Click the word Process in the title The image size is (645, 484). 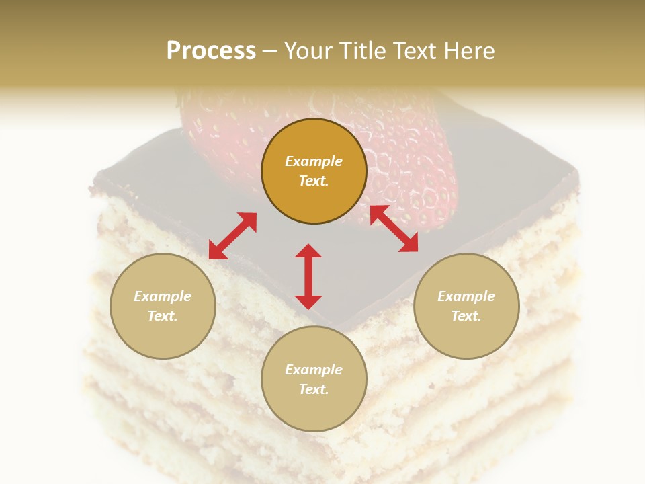pyautogui.click(x=211, y=51)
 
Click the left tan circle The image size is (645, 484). pyautogui.click(x=163, y=306)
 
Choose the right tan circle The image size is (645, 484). pyautogui.click(x=466, y=306)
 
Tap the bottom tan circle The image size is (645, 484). pyautogui.click(x=314, y=378)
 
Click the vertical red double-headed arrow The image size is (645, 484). pyautogui.click(x=308, y=276)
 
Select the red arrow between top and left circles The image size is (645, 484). pyautogui.click(x=232, y=236)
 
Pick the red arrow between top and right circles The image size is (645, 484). pyautogui.click(x=394, y=229)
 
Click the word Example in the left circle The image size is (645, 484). pyautogui.click(x=163, y=296)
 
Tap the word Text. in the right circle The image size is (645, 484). pyautogui.click(x=466, y=316)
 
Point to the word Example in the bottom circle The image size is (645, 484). pyautogui.click(x=314, y=370)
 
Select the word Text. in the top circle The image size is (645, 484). pyautogui.click(x=314, y=181)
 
